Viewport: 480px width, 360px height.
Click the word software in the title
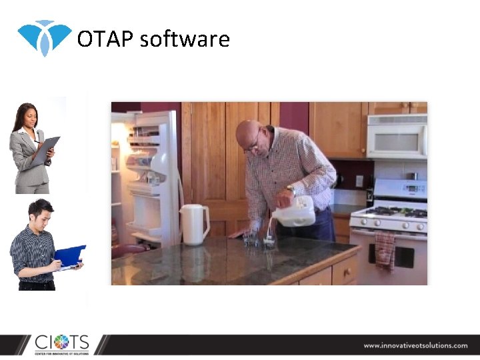tap(185, 39)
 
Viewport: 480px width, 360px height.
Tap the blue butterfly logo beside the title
tap(44, 37)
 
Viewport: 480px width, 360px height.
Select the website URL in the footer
tap(415, 345)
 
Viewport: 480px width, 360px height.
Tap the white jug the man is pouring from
tap(295, 212)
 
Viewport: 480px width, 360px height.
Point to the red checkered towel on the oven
tap(385, 250)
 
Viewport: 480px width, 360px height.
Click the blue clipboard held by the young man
tap(70, 256)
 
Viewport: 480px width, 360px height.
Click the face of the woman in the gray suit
tap(29, 119)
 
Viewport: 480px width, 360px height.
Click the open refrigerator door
tap(153, 173)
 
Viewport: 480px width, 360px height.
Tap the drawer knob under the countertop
tap(347, 272)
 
